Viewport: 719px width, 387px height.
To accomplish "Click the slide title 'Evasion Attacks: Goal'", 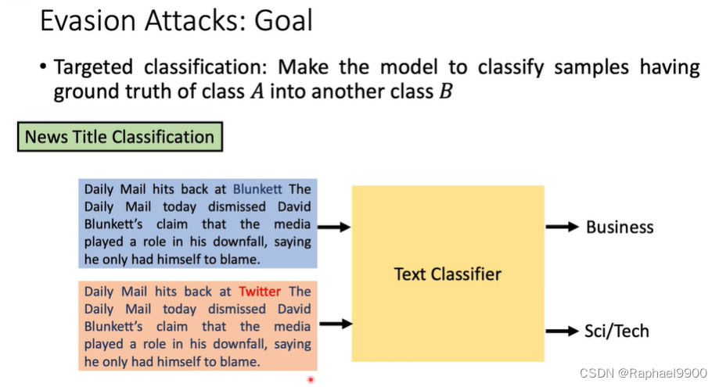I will [x=176, y=21].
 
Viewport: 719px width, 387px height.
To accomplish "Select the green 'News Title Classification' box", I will [x=120, y=137].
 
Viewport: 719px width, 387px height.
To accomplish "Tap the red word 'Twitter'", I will [x=260, y=292].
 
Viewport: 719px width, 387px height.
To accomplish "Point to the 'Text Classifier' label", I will [x=448, y=274].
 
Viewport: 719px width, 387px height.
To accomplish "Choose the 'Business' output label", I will [x=620, y=228].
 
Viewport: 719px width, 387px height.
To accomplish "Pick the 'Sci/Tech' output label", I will [x=617, y=331].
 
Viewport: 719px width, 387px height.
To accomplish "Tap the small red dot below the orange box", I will [x=311, y=380].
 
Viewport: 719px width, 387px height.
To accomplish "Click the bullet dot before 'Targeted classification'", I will [x=43, y=67].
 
